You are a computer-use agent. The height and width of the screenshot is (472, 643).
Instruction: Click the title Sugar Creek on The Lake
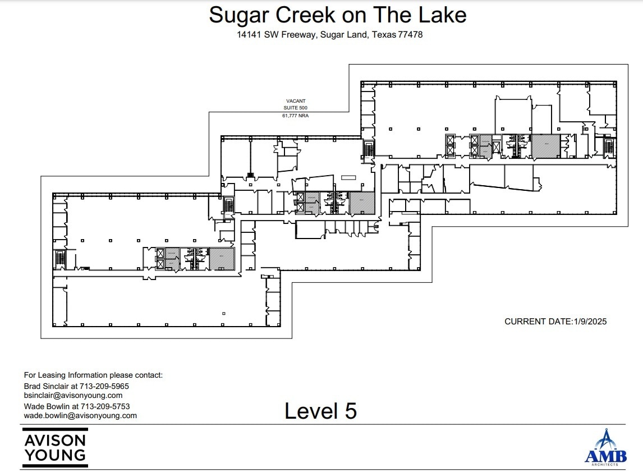click(337, 15)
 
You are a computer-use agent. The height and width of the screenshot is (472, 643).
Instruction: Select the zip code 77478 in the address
click(410, 35)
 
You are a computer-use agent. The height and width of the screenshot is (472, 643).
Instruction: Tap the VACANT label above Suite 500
click(296, 102)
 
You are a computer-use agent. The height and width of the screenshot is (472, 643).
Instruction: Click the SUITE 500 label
click(296, 108)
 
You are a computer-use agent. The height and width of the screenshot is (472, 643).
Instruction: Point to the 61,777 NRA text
click(296, 115)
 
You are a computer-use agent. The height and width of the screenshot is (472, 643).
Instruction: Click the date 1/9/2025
click(590, 322)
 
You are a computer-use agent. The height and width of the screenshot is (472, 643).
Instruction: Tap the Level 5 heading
click(320, 411)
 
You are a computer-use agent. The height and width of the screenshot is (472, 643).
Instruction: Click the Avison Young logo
click(55, 447)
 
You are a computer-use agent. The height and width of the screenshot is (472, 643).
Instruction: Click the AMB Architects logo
click(605, 448)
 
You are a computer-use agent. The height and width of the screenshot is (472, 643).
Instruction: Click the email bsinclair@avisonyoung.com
click(73, 395)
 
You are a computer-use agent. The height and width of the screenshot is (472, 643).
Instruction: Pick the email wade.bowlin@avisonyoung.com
click(80, 415)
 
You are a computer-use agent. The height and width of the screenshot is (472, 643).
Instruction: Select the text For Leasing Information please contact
click(93, 375)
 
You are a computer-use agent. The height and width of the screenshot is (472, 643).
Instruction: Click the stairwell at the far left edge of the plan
click(60, 259)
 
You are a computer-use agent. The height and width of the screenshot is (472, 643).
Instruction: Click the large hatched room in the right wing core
click(545, 146)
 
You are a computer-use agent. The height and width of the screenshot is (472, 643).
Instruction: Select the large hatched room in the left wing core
click(222, 258)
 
